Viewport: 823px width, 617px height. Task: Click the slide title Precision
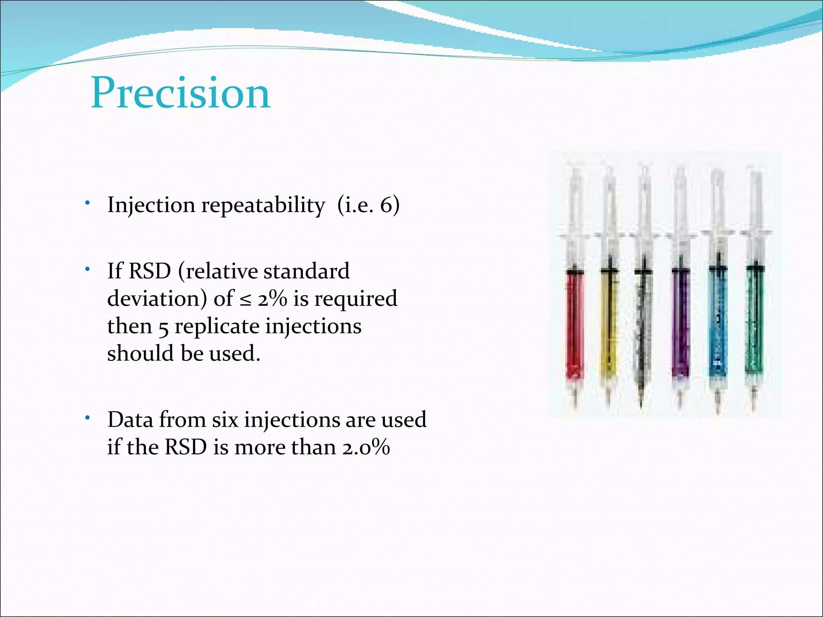pos(181,93)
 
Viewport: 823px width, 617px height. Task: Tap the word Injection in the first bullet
pos(151,206)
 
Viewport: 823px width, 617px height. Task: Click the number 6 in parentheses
pos(385,206)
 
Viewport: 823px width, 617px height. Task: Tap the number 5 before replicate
pos(163,327)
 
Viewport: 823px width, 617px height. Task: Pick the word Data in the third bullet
pos(130,420)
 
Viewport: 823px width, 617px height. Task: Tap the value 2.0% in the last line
pos(366,447)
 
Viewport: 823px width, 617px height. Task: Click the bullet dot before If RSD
pos(87,270)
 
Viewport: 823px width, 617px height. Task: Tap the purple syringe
pos(680,321)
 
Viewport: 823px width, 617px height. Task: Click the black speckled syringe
pos(643,321)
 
